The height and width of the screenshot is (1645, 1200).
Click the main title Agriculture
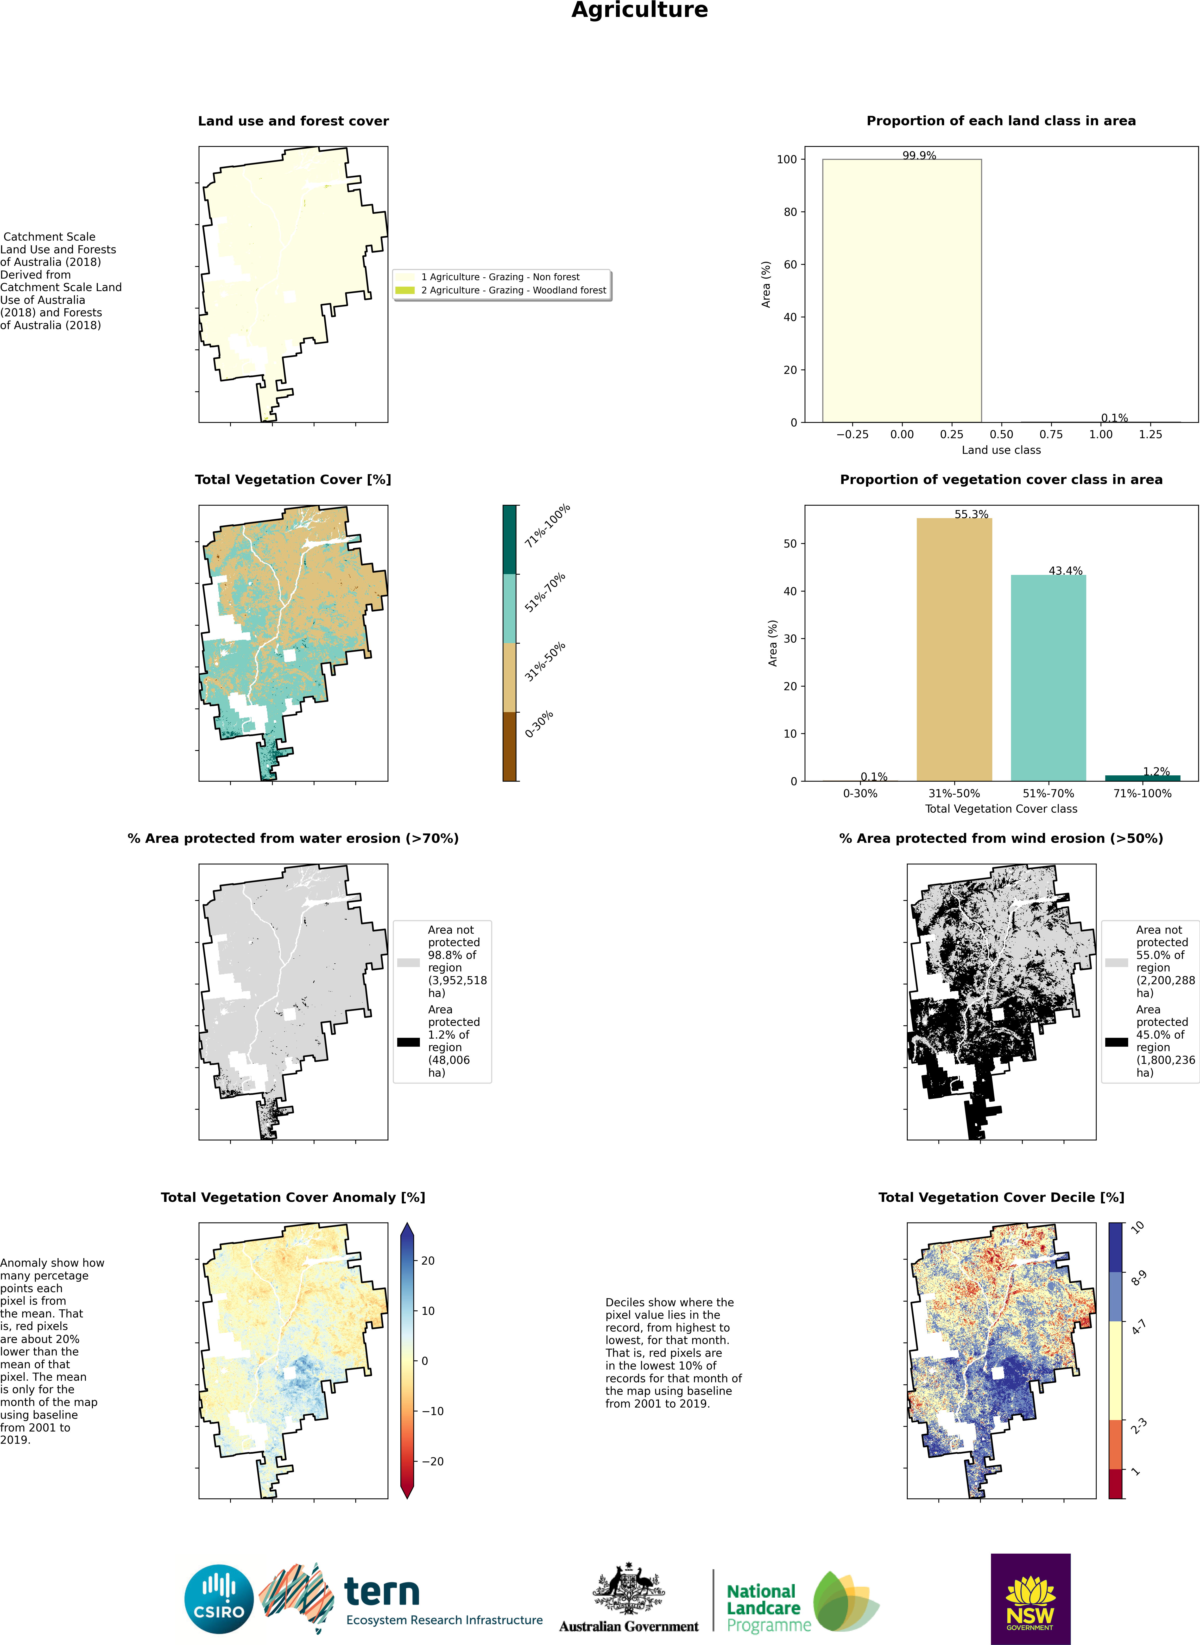point(639,10)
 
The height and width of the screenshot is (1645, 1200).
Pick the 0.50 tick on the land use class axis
point(1001,435)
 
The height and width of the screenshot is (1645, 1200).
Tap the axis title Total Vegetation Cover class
point(1001,809)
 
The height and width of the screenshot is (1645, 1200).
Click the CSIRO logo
point(219,1598)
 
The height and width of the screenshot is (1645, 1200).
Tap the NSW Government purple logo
point(1030,1598)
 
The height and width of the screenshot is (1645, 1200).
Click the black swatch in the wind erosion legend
point(1116,1042)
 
